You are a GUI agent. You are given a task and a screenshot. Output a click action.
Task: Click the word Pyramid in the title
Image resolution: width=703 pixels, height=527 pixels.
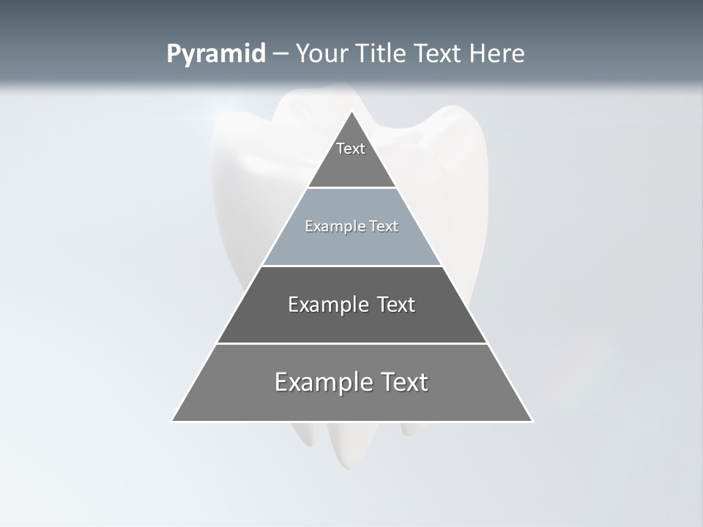click(216, 54)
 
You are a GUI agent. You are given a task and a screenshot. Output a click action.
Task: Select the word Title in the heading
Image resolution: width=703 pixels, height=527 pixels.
click(381, 54)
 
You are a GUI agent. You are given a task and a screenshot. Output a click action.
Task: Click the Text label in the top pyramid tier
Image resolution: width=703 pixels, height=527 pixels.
click(351, 149)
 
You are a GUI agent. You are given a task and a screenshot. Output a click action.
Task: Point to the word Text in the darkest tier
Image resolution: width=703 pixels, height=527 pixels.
click(396, 304)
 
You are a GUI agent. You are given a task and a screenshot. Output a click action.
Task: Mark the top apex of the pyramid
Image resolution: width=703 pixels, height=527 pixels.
click(352, 112)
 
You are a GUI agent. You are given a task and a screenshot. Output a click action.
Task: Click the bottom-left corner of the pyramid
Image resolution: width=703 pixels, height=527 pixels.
click(172, 421)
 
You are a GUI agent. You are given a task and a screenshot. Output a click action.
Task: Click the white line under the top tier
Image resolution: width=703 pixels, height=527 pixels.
click(351, 188)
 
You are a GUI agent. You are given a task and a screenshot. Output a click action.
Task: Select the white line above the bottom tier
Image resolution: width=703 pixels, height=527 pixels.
click(351, 343)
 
